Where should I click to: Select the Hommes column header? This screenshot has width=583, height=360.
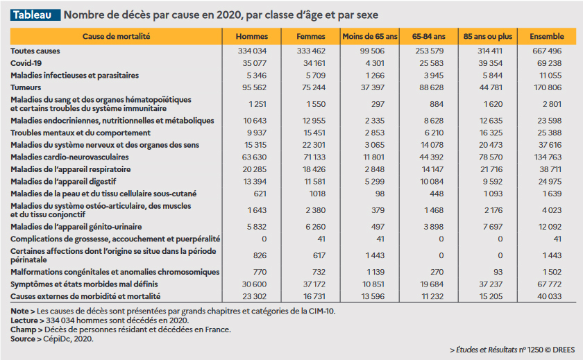pyautogui.click(x=252, y=35)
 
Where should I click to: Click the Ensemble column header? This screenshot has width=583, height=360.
pyautogui.click(x=546, y=35)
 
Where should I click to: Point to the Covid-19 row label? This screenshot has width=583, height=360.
pyautogui.click(x=25, y=62)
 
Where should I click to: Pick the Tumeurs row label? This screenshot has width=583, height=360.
pyautogui.click(x=25, y=87)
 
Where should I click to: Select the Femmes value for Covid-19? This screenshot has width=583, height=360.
pyautogui.click(x=311, y=62)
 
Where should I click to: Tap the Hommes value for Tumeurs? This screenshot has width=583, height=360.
pyautogui.click(x=252, y=87)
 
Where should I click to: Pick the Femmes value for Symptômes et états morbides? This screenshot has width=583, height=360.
pyautogui.click(x=311, y=284)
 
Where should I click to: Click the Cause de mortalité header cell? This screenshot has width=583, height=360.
pyautogui.click(x=116, y=35)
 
